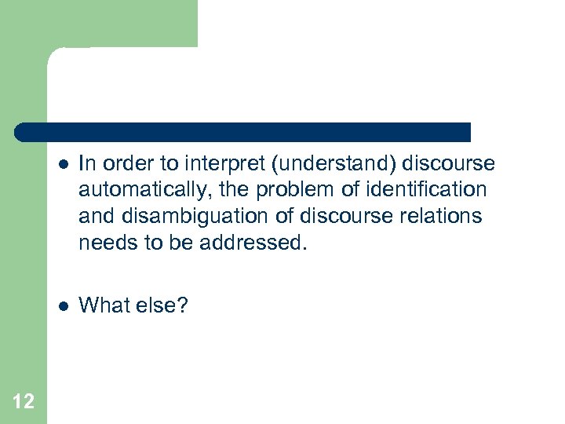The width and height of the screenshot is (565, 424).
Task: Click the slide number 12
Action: pos(24,402)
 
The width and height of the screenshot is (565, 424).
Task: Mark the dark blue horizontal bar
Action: pos(243,132)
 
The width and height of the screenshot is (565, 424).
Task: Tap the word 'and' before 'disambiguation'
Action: pos(93,216)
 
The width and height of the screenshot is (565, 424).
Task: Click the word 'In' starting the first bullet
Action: pos(87,164)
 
